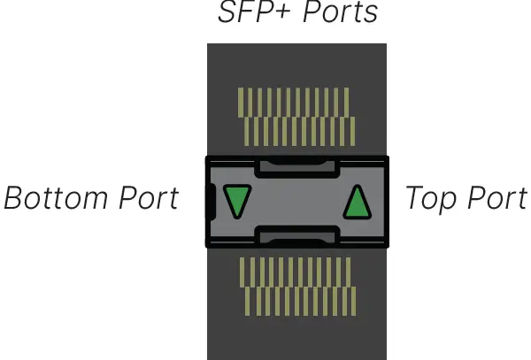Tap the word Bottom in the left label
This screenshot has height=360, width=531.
(58, 198)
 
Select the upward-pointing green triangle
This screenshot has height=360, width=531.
(356, 203)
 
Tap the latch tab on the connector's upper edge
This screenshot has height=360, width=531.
(296, 165)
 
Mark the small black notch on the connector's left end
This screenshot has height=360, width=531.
(211, 202)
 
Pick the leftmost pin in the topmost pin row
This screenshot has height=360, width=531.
(241, 101)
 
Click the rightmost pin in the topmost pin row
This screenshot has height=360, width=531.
(348, 101)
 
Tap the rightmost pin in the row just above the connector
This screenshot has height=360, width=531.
(353, 131)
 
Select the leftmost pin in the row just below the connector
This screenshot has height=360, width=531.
(241, 272)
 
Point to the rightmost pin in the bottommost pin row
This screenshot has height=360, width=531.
(353, 302)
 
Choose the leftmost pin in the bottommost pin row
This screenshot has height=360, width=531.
(246, 302)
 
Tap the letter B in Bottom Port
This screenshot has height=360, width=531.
(15, 198)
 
